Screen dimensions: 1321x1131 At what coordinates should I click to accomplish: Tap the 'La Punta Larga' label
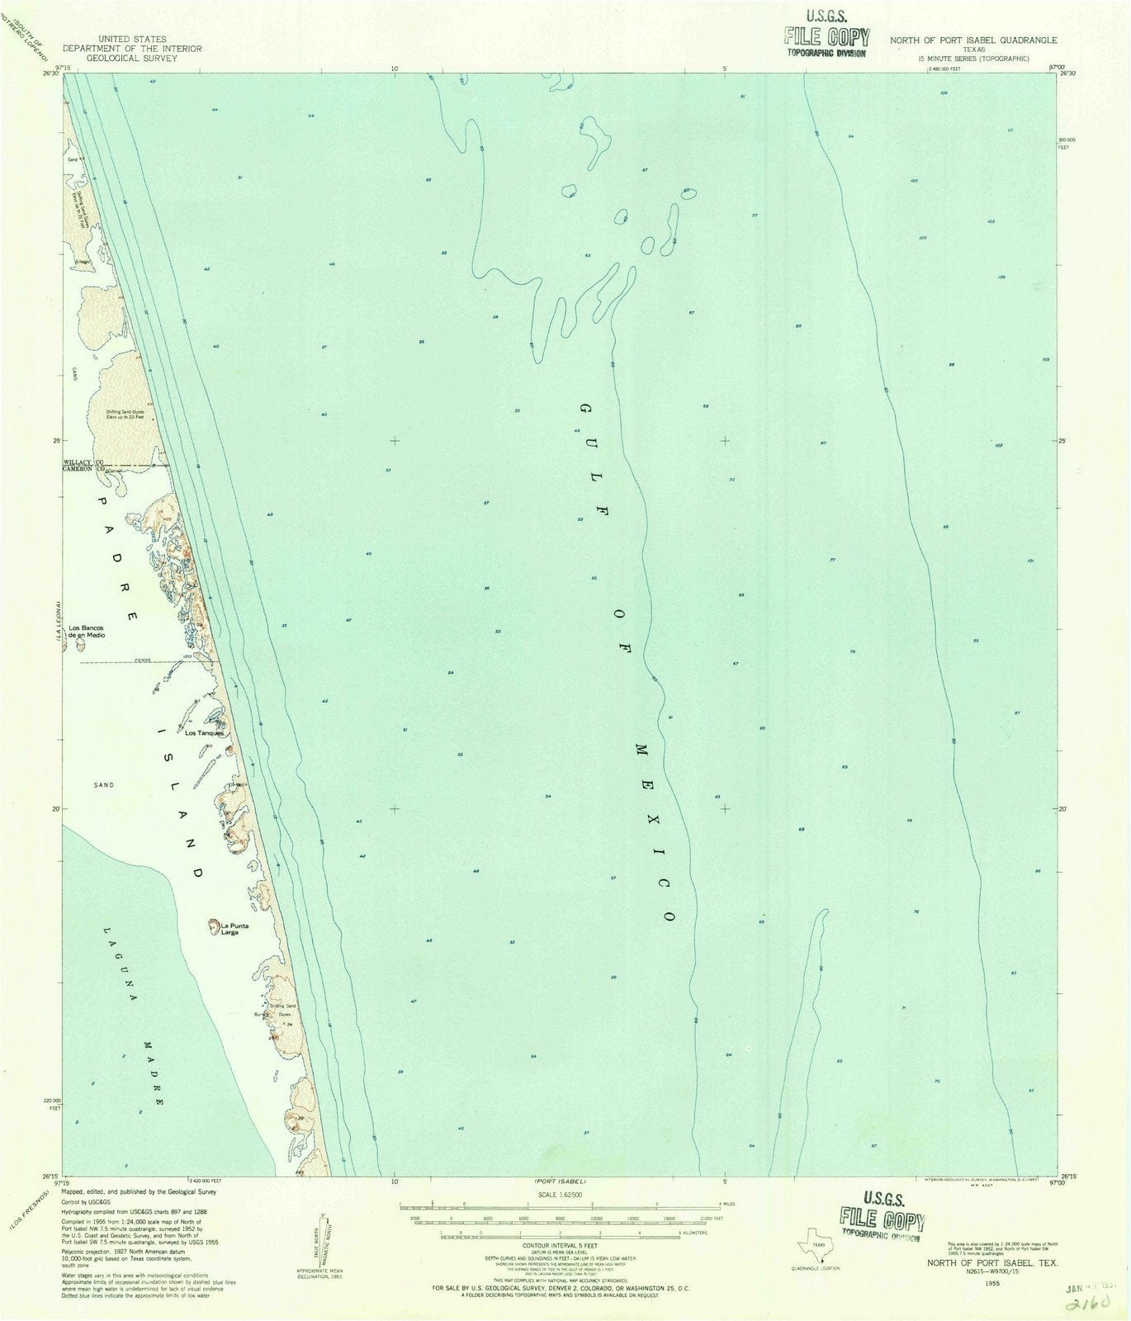coord(234,929)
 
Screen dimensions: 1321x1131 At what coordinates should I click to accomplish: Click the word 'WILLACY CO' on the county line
coord(83,462)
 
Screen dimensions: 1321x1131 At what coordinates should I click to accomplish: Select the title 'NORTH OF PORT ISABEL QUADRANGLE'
coord(973,40)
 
